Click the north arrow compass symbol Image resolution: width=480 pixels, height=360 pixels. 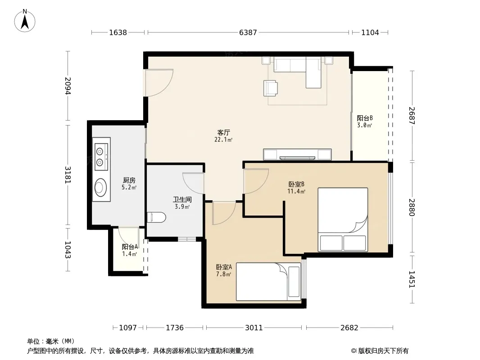tap(25, 20)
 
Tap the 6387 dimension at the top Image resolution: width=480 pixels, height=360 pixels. tap(248, 32)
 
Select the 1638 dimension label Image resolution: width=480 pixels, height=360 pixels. tap(118, 32)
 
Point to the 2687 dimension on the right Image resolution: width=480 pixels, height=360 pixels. tap(412, 115)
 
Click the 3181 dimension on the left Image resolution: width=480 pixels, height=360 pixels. tap(68, 175)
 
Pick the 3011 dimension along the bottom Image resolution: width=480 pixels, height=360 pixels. tap(254, 328)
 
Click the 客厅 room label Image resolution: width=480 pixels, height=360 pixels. tap(223, 132)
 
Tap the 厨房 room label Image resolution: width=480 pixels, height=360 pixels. tap(129, 180)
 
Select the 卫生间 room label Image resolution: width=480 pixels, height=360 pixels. tap(182, 200)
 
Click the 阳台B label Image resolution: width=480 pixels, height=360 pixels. tap(365, 118)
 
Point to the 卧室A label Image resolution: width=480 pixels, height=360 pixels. tap(224, 267)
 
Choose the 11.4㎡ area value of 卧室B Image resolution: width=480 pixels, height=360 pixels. tap(296, 191)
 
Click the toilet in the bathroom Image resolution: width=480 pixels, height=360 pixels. tap(156, 217)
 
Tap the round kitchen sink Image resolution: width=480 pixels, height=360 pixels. tap(101, 187)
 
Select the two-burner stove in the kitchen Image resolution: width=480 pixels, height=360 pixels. tap(102, 157)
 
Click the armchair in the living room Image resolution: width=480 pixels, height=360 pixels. tap(271, 88)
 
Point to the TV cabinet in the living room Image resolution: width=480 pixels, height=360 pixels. tap(297, 154)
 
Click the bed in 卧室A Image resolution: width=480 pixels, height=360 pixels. tap(268, 282)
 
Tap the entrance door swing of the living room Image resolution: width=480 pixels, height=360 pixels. tap(159, 83)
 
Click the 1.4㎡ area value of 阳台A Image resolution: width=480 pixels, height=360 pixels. tap(130, 254)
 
